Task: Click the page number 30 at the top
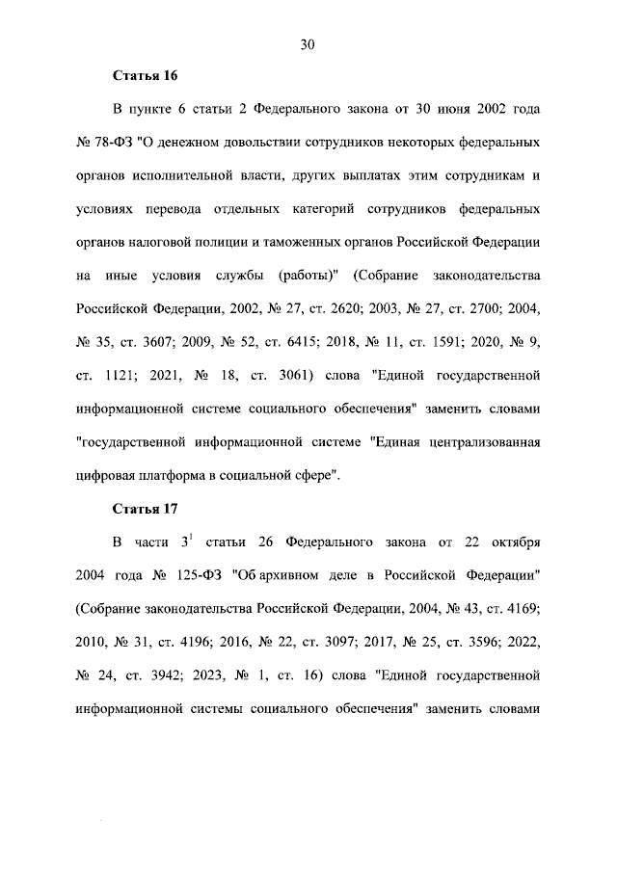(308, 44)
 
